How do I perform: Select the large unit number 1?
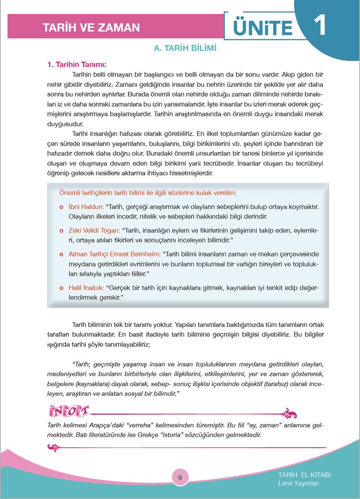319,25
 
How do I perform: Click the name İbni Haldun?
86,207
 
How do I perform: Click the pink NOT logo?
70,412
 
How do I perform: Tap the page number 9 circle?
180,478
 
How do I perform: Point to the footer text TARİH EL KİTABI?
305,475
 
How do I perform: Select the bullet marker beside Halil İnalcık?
61,288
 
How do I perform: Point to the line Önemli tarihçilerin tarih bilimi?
147,192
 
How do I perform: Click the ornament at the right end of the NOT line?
290,414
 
